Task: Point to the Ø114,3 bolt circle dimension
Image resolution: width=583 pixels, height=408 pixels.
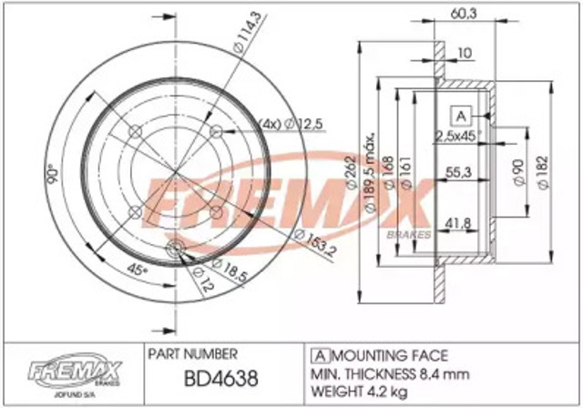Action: point(235,42)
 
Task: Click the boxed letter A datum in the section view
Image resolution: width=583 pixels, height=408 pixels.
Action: point(460,116)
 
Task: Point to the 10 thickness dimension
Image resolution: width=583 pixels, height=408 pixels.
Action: point(465,54)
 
